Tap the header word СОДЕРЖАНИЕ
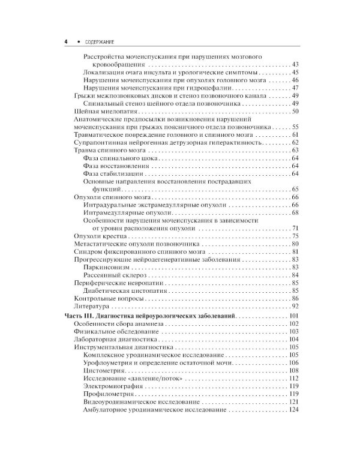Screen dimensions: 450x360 (x=96, y=42)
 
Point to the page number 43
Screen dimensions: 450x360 (x=295, y=64)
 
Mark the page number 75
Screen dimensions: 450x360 (x=295, y=236)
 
